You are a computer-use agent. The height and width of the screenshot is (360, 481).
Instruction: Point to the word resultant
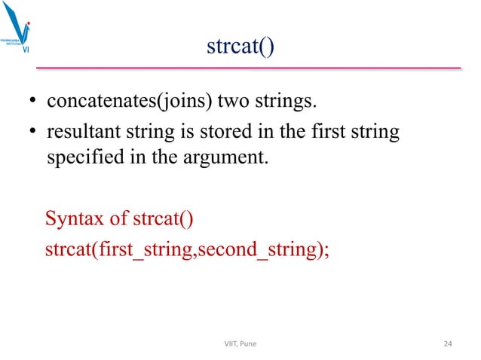(x=80, y=133)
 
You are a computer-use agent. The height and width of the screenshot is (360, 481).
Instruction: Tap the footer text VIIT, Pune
(x=240, y=344)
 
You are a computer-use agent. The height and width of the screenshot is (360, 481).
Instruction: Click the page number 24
(x=447, y=344)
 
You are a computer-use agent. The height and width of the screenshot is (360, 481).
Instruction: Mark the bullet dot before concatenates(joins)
(x=34, y=104)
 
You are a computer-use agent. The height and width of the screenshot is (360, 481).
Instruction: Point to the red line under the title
(x=249, y=69)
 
